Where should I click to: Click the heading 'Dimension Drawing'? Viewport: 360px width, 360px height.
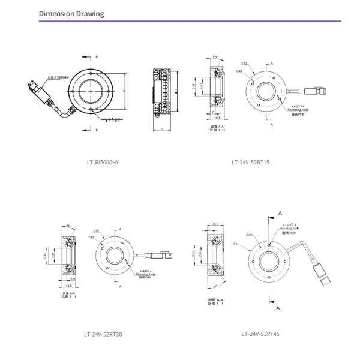(x=71, y=13)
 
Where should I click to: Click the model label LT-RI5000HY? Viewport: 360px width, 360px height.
(x=103, y=162)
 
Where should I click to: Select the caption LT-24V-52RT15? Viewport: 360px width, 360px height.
(x=251, y=162)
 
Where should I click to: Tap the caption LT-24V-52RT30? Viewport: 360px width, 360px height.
(x=103, y=334)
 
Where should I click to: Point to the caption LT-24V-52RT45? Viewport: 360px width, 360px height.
(x=260, y=334)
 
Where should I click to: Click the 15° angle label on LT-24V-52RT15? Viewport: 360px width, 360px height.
(x=215, y=57)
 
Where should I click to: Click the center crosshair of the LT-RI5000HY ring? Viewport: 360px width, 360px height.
(x=91, y=92)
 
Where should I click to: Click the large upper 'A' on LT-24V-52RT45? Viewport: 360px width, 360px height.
(x=279, y=213)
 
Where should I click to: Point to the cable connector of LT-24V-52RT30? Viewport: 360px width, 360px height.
(x=166, y=256)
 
